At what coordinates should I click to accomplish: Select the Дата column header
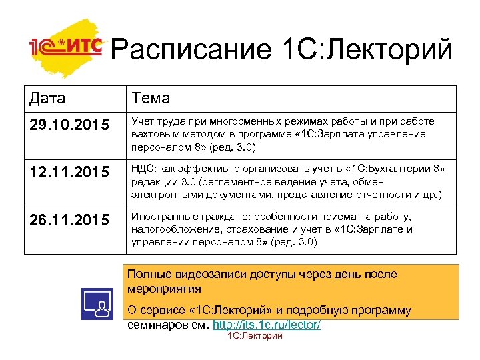(47, 98)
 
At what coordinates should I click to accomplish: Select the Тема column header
(151, 98)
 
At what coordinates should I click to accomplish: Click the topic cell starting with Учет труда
(283, 134)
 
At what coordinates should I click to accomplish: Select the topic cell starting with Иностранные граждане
(273, 229)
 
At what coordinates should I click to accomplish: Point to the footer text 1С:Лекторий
(255, 336)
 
